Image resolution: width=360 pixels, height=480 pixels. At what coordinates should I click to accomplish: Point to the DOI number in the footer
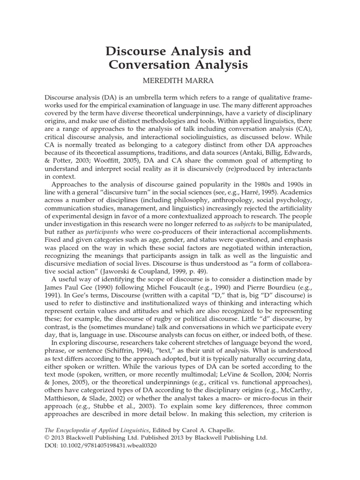109,446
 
